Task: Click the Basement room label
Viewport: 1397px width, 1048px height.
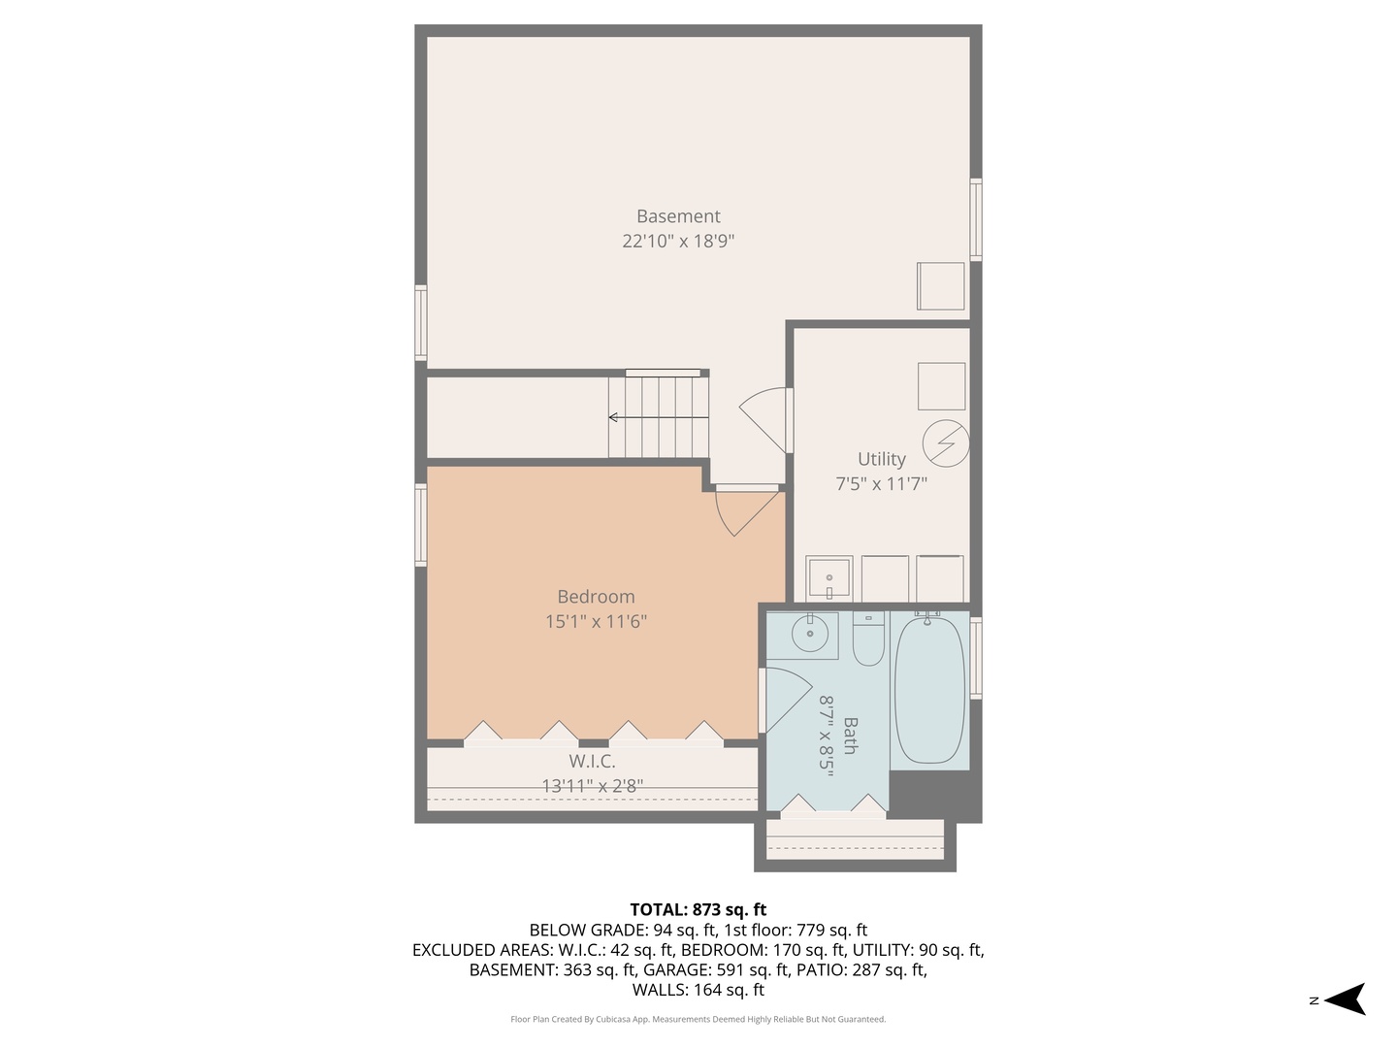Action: click(678, 216)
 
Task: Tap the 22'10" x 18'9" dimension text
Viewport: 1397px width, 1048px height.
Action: click(678, 241)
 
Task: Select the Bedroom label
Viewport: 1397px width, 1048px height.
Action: click(596, 597)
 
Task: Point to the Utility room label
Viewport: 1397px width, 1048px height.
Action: click(881, 459)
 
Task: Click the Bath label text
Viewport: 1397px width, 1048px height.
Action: click(850, 735)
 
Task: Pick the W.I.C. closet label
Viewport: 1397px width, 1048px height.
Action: click(592, 762)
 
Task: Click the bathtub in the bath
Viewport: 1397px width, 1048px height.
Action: click(929, 689)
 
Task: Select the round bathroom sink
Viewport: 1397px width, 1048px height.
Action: click(809, 635)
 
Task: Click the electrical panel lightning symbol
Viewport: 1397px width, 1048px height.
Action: click(945, 443)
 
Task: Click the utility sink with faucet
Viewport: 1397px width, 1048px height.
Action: click(828, 578)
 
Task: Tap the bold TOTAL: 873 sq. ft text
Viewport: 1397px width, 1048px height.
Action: click(698, 909)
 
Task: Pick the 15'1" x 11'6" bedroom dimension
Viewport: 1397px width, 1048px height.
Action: click(596, 621)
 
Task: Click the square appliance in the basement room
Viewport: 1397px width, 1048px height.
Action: click(940, 286)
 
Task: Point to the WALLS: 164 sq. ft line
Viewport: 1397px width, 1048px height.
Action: click(698, 990)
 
